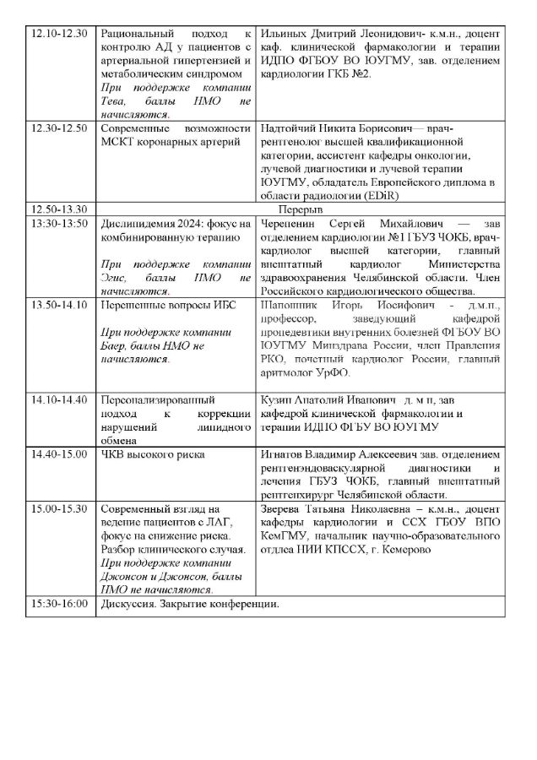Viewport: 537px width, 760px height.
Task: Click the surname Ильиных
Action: tap(284, 31)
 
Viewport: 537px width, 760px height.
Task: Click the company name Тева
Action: tap(112, 100)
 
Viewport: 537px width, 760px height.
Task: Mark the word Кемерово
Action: tap(401, 550)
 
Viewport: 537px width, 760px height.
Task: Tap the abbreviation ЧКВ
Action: tap(113, 454)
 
